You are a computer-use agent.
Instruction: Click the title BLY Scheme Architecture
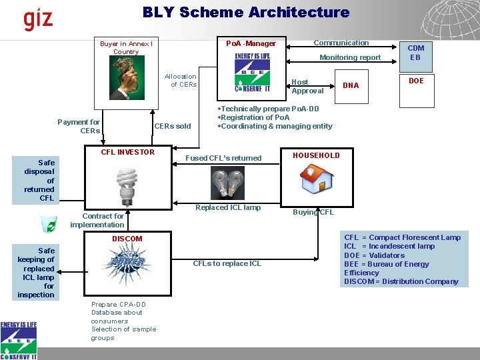245,12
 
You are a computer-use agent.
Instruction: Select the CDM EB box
415,53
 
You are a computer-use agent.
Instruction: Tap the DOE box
415,81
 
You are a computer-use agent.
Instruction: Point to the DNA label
351,85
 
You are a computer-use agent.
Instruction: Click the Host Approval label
307,87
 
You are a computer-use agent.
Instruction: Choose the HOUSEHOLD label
317,155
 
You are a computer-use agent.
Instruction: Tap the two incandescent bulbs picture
227,181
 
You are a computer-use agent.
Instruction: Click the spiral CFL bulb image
127,185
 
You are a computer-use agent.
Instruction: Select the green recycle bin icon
48,225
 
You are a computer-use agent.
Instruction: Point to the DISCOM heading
127,239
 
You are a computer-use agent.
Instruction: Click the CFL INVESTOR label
127,152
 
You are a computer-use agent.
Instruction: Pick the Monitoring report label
350,58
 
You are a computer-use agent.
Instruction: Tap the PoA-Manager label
251,44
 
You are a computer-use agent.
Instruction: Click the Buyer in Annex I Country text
126,48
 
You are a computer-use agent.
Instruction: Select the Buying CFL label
313,213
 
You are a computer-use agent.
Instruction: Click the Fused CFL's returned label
223,158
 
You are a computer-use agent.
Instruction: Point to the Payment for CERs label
79,126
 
